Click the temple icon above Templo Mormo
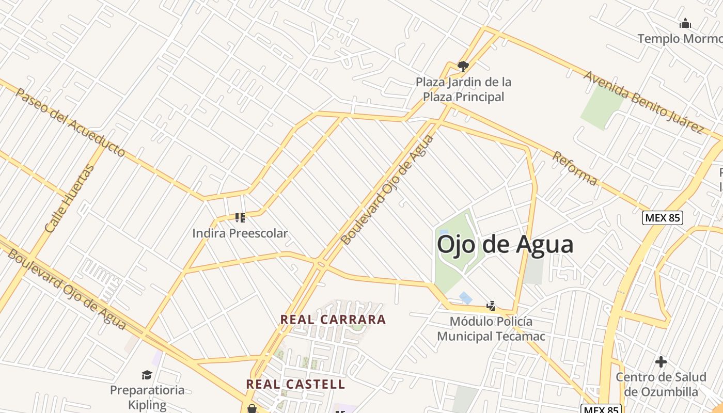(x=685, y=23)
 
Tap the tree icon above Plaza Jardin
(x=463, y=66)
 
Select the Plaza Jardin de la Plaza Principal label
(x=463, y=89)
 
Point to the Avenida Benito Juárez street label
(x=643, y=102)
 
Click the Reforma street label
(x=575, y=168)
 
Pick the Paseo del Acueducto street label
(x=70, y=122)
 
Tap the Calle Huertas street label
(x=70, y=198)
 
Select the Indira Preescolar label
(x=240, y=233)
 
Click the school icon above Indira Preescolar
(x=240, y=218)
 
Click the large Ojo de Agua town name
(x=505, y=244)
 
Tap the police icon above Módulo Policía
(x=491, y=306)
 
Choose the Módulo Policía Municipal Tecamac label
(x=491, y=329)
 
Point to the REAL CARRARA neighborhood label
(x=333, y=320)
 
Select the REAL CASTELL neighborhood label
(x=295, y=384)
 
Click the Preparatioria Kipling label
(x=147, y=397)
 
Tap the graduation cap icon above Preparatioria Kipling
(x=147, y=375)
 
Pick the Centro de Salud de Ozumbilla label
(x=661, y=384)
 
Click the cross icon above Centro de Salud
(x=661, y=362)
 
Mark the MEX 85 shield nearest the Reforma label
(x=663, y=218)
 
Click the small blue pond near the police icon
(x=465, y=298)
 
